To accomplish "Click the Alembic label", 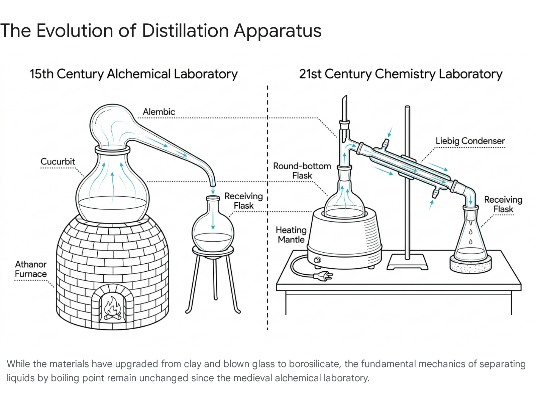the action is tap(159, 112).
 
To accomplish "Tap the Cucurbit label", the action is tap(58, 161).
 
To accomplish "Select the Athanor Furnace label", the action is tap(31, 269).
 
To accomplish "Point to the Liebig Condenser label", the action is tap(470, 141).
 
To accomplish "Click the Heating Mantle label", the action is tap(291, 234).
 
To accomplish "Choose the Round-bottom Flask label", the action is tap(302, 171).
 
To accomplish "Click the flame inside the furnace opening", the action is tap(112, 306).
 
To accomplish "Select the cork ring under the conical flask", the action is tap(470, 265).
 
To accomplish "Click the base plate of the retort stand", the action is tap(407, 262).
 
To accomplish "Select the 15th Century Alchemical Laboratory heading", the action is tap(133, 74).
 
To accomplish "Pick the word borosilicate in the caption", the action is tap(314, 364).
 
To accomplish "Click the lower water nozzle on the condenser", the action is tap(435, 194).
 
